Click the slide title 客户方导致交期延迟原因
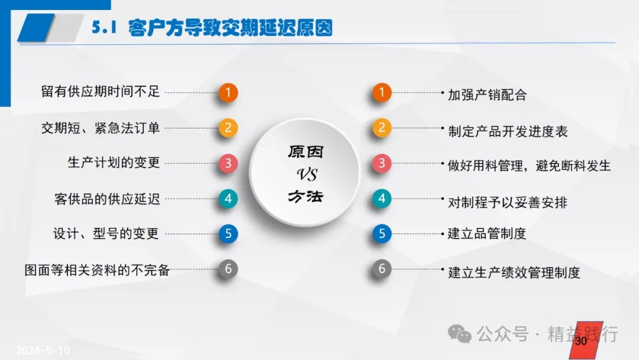pos(230,28)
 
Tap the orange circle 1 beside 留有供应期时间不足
pos(228,92)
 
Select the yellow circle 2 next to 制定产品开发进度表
pos(382,128)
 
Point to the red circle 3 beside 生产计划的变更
pos(228,163)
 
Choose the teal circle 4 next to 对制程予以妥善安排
pos(382,198)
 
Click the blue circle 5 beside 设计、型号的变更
pos(228,234)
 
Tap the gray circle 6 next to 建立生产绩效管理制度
pos(382,269)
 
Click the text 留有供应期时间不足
pos(100,91)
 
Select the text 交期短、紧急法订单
pos(100,128)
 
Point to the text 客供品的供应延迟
pos(107,199)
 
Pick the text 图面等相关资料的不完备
pos(97,270)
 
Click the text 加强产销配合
pos(488,95)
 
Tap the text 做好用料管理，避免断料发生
pos(530,166)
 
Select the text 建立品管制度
pos(487,234)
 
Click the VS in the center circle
pos(307,175)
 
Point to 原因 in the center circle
pos(306,152)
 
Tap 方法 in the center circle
pos(306,197)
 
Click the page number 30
pos(581,341)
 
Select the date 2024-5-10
pos(43,350)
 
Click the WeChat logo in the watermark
pos(460,335)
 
